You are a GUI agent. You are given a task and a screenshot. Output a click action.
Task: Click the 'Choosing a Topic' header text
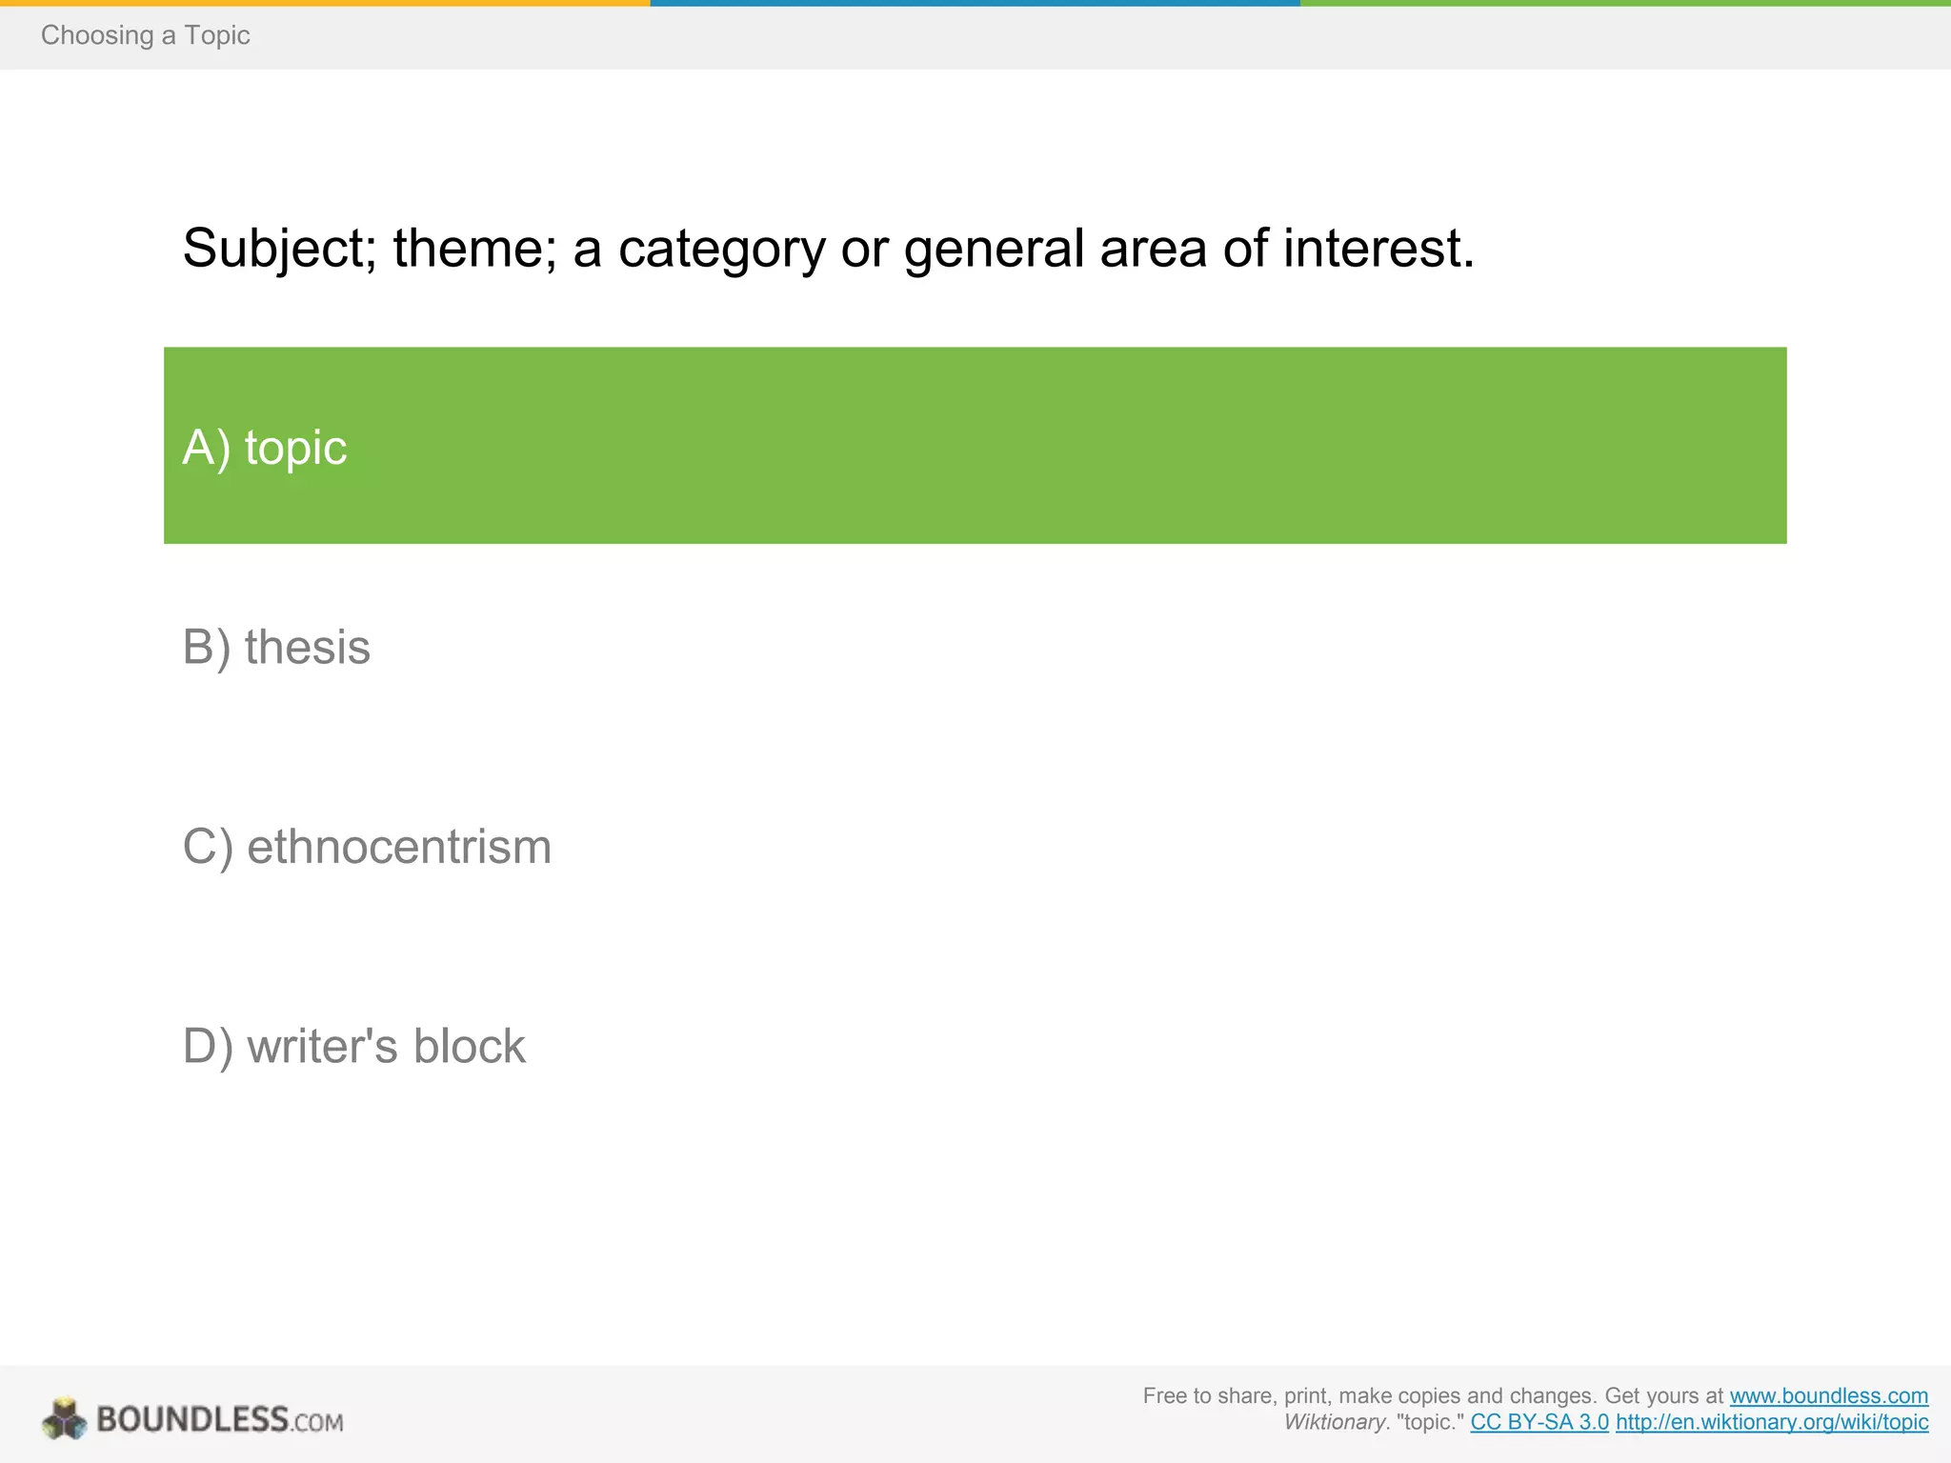tap(145, 35)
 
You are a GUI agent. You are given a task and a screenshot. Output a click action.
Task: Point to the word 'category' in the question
tap(721, 249)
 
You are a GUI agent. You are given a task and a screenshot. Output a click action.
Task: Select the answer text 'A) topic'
tap(265, 447)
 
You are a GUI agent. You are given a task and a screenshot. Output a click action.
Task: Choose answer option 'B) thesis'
tap(276, 648)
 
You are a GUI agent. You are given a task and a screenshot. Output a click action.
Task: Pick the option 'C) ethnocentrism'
tap(367, 847)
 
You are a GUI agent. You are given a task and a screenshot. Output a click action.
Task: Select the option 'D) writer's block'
tap(353, 1046)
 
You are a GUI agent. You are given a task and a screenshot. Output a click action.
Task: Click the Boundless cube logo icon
tap(65, 1419)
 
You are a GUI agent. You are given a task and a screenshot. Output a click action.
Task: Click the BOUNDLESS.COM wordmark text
tap(219, 1420)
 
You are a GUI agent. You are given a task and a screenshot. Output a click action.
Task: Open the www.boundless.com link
tap(1828, 1396)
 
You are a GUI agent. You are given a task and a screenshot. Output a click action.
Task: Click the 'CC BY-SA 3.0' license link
tap(1539, 1423)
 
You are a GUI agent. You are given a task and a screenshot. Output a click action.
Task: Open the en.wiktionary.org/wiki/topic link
tap(1772, 1423)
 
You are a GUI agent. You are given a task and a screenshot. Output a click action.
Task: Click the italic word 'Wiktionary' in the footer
tap(1334, 1423)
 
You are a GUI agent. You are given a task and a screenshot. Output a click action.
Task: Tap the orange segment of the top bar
tap(325, 3)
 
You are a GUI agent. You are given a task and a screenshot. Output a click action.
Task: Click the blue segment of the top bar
tap(975, 3)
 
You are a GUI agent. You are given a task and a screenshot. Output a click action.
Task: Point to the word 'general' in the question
tap(994, 249)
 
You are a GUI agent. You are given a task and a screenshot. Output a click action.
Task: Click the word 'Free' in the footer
tap(1164, 1396)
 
